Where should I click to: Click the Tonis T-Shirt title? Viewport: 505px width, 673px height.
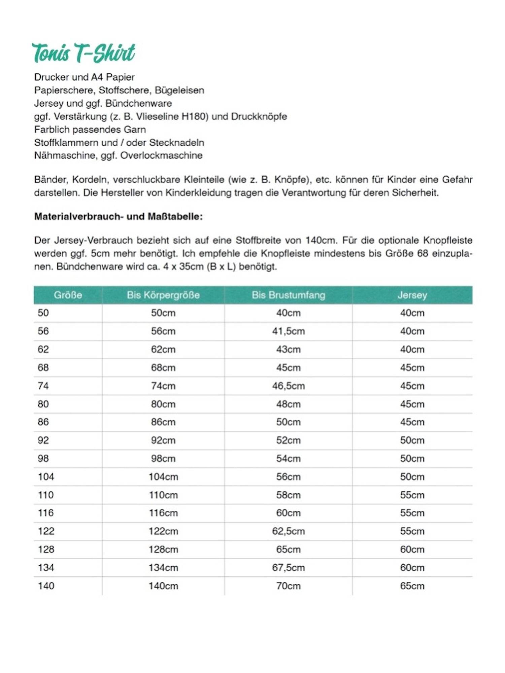[x=83, y=53]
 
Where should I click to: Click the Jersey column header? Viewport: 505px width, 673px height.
[x=412, y=295]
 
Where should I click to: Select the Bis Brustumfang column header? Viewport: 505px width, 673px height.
[x=288, y=295]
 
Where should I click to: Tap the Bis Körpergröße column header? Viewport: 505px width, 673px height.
[x=163, y=295]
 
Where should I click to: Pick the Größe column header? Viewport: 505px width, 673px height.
[x=68, y=295]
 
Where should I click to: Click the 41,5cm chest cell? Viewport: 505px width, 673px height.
[x=288, y=331]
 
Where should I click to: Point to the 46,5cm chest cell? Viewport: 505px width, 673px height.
[x=288, y=386]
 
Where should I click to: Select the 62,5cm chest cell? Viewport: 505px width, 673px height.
[x=288, y=531]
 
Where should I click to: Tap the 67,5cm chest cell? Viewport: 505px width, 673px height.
[x=288, y=568]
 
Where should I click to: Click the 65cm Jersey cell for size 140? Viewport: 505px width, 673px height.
[x=412, y=586]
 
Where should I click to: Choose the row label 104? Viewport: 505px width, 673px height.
[x=46, y=476]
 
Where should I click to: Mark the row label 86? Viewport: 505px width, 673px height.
[x=43, y=422]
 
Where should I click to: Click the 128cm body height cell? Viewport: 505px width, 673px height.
[x=163, y=550]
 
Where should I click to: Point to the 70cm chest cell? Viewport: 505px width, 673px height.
[x=288, y=586]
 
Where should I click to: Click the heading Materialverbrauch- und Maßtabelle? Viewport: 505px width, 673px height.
[x=119, y=216]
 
